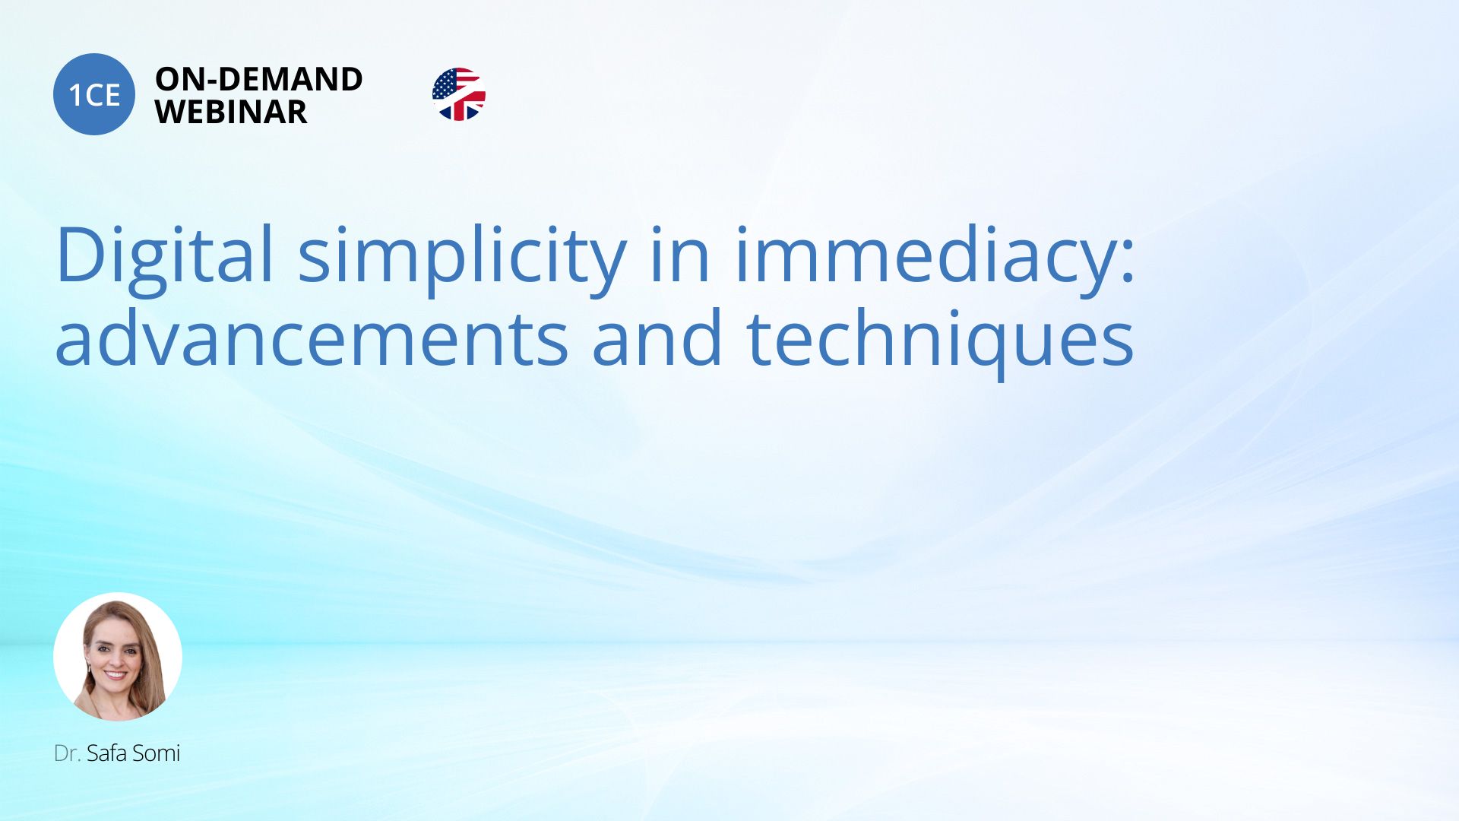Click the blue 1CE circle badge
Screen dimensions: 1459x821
pyautogui.click(x=94, y=94)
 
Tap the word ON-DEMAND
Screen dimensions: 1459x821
pyautogui.click(x=258, y=79)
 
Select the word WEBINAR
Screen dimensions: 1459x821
pyautogui.click(x=231, y=112)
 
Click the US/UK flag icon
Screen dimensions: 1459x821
pyautogui.click(x=459, y=94)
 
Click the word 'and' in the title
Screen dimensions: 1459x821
pyautogui.click(x=657, y=338)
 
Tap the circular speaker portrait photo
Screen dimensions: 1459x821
pyautogui.click(x=118, y=657)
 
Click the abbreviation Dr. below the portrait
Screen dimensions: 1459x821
pyautogui.click(x=67, y=753)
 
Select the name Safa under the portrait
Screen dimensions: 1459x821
pyautogui.click(x=106, y=753)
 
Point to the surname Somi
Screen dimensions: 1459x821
pyautogui.click(x=156, y=753)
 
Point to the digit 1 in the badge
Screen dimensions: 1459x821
pyautogui.click(x=74, y=95)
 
